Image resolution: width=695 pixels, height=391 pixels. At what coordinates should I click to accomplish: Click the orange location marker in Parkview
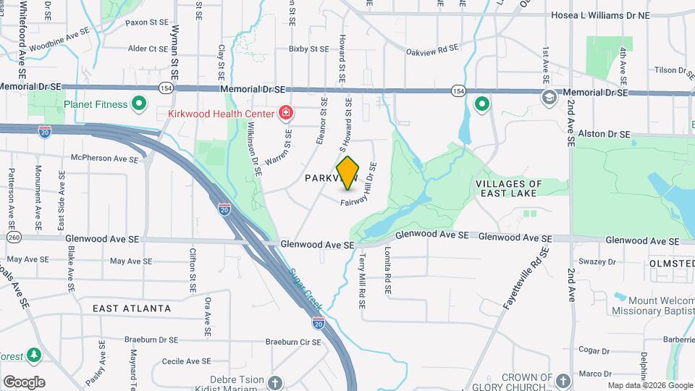(x=348, y=172)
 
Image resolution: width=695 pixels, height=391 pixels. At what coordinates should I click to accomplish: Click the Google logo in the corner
(x=24, y=382)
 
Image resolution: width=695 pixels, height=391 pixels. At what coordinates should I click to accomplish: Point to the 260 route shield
(x=13, y=237)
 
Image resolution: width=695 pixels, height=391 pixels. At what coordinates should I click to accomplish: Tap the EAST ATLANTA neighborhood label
(x=132, y=308)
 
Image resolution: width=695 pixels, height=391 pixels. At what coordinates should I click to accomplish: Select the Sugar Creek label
(x=306, y=290)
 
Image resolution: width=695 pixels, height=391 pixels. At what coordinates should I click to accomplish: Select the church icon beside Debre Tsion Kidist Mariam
(x=274, y=382)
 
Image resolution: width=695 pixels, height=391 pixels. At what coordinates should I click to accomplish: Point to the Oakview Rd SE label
(x=432, y=49)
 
